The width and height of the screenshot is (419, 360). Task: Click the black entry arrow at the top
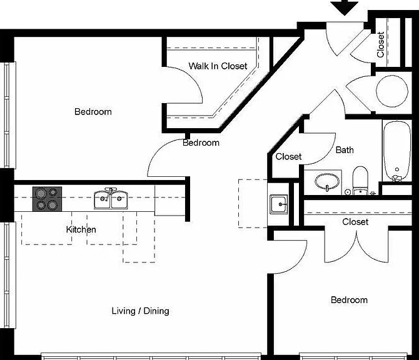coord(344,8)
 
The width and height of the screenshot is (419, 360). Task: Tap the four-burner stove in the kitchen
coord(48,199)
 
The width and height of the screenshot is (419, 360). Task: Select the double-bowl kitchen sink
coord(111,198)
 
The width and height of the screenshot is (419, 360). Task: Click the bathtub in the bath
coord(397,151)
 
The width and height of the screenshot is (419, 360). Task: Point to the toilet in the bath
coord(360,181)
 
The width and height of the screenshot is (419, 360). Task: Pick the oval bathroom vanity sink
coord(327,182)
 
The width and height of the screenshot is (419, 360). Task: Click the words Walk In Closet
coord(218,66)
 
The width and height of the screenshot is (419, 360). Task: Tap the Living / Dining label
coord(140,311)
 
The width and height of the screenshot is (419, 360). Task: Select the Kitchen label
coord(81,229)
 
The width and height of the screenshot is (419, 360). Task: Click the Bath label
coord(345,150)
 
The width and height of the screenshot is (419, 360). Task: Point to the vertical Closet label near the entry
coord(380,44)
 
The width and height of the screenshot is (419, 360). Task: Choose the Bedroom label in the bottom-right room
coord(349,300)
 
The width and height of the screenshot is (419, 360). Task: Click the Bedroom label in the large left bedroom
coord(93,112)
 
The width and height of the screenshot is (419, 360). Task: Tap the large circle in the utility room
coord(392,91)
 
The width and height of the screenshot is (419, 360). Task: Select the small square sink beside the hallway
coord(279,204)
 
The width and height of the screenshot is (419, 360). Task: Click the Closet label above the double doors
coord(355,222)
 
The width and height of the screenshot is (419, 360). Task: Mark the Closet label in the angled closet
coord(288,156)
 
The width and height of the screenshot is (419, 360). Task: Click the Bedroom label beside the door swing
coord(201,142)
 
